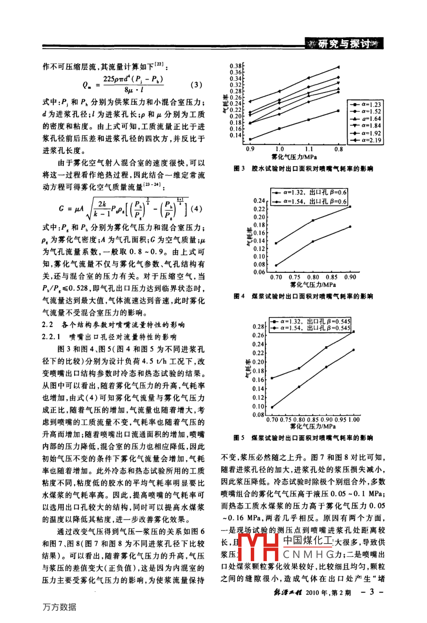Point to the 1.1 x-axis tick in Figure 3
click(x=309, y=149)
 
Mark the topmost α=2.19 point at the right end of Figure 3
click(x=338, y=67)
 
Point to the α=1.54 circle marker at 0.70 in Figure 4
click(x=276, y=265)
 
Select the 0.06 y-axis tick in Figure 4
click(x=262, y=272)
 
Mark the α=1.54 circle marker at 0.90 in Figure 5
click(x=326, y=367)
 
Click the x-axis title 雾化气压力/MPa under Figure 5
click(x=313, y=427)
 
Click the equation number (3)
click(x=196, y=85)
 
